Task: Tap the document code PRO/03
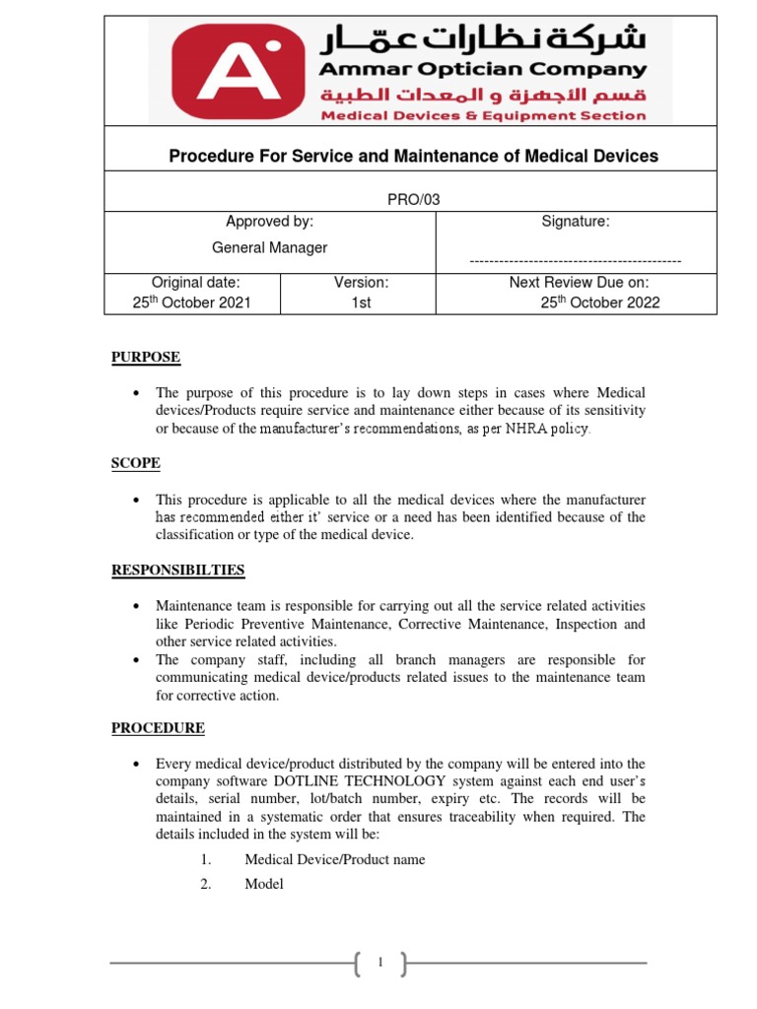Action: click(413, 199)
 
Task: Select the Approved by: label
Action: click(270, 222)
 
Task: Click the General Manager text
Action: click(270, 247)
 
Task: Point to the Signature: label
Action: click(576, 222)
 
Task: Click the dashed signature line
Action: click(576, 261)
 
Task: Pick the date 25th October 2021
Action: click(192, 303)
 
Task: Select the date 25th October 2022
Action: click(600, 303)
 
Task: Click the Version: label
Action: click(361, 282)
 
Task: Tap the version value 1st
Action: click(361, 303)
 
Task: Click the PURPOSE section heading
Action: click(145, 357)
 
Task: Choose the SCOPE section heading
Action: click(135, 463)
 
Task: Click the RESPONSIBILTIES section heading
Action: click(177, 570)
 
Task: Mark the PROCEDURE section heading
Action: click(158, 728)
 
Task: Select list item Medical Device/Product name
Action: click(335, 859)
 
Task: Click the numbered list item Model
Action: click(264, 884)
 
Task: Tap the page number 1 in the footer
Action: click(378, 963)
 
